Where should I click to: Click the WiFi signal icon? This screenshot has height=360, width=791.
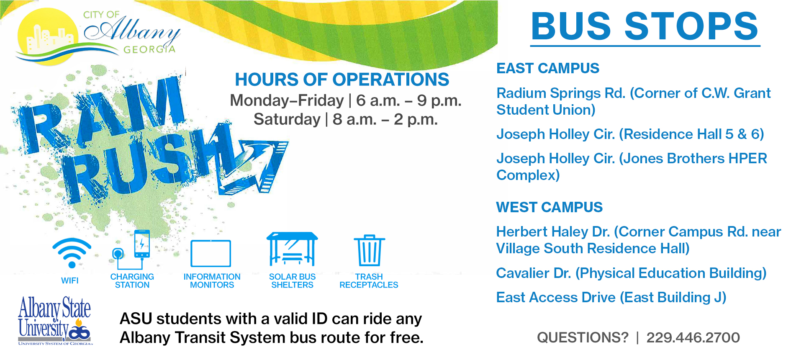72,253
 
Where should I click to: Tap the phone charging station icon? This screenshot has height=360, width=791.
131,250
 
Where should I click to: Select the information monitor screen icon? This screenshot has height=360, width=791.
211,253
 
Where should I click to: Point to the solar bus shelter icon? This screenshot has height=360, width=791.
292,249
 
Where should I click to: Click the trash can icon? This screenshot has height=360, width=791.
369,250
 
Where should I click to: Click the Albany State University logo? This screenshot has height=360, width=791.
54,321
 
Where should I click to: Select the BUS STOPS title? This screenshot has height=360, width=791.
645,26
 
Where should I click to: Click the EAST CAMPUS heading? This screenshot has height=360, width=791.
547,68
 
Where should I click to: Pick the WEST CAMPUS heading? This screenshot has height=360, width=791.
549,207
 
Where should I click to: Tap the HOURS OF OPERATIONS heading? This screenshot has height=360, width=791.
342,80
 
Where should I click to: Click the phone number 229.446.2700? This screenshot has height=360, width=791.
693,337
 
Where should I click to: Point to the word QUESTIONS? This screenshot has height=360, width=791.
583,337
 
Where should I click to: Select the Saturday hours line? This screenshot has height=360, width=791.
346,119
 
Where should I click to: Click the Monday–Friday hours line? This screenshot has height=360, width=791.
346,100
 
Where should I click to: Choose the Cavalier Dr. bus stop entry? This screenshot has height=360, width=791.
631,273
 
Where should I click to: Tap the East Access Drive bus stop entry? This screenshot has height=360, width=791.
611,298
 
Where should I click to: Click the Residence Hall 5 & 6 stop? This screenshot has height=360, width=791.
630,134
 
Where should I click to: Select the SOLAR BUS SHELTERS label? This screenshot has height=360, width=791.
292,281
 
